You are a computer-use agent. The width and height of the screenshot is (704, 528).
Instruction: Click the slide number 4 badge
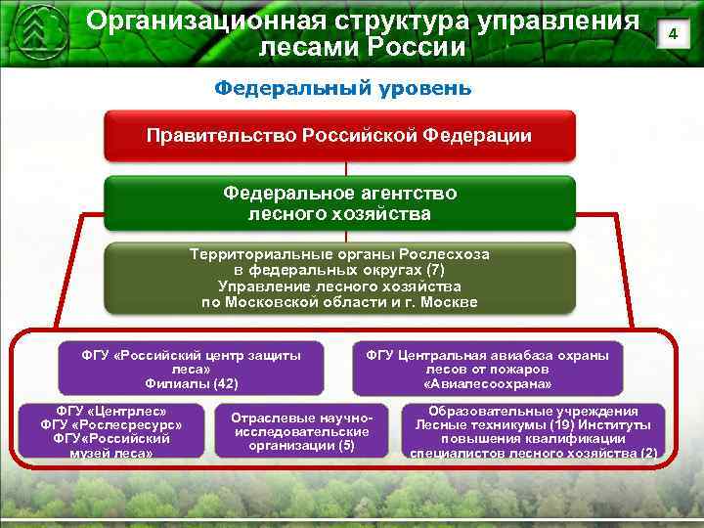pyautogui.click(x=672, y=35)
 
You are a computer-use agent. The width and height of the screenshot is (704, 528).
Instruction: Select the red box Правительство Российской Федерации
pyautogui.click(x=339, y=136)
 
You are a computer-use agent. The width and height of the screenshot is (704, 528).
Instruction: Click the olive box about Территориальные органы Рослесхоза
pyautogui.click(x=339, y=278)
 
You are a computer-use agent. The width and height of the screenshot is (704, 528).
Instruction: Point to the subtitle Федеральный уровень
pyautogui.click(x=342, y=88)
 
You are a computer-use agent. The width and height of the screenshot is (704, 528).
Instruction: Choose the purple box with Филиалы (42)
pyautogui.click(x=191, y=369)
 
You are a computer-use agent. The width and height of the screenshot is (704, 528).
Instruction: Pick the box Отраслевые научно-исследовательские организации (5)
pyautogui.click(x=300, y=431)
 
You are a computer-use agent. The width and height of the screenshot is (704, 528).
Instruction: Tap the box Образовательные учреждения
pyautogui.click(x=533, y=431)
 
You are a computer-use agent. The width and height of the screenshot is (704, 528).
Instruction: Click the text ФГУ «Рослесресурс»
pyautogui.click(x=111, y=425)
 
